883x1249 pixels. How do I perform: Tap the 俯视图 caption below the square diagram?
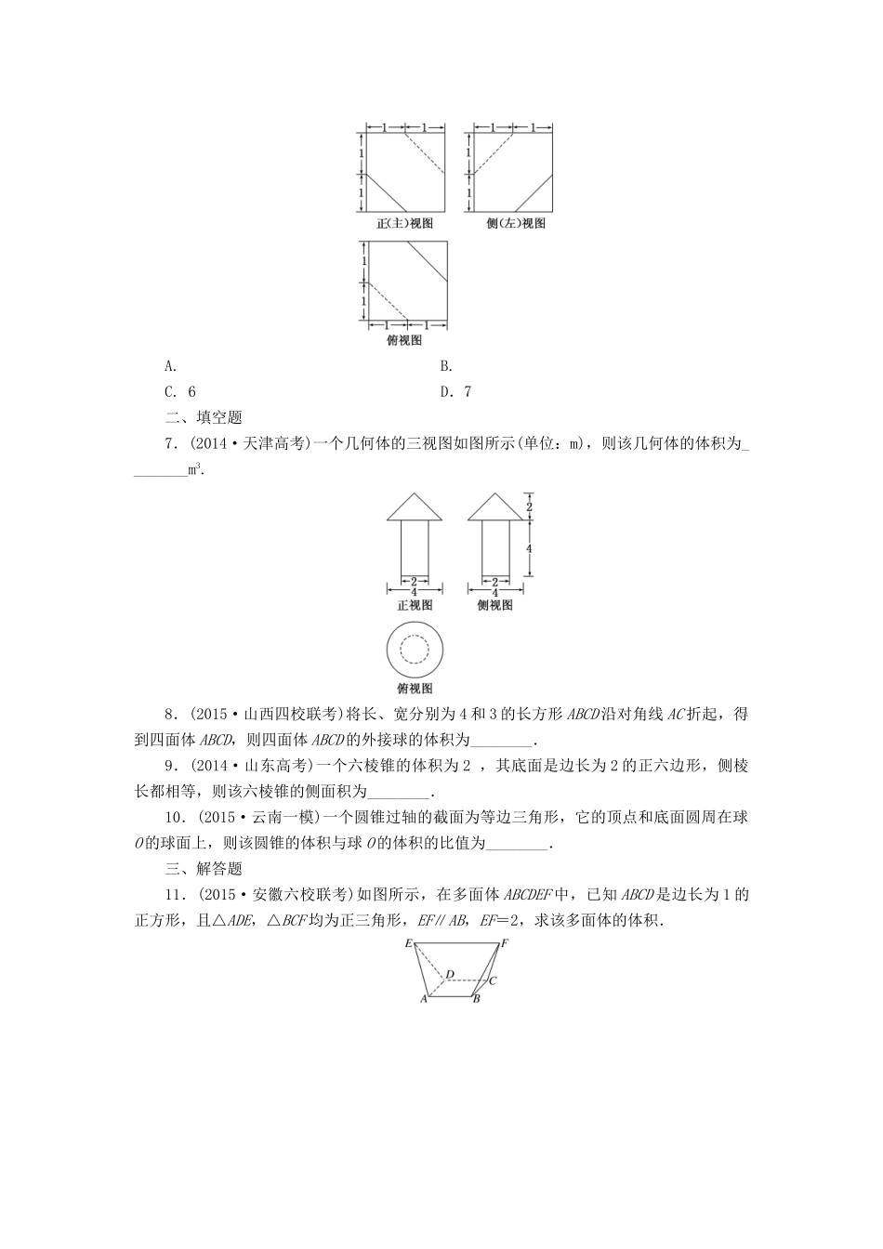404,340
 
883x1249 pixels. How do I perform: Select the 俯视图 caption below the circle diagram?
415,689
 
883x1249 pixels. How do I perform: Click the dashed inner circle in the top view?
415,649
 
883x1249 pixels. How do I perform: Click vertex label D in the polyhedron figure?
450,975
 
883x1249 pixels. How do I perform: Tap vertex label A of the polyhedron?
424,999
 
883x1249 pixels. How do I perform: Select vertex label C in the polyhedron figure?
493,980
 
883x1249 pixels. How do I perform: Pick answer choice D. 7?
455,392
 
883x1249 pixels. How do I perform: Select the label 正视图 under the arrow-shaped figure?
415,605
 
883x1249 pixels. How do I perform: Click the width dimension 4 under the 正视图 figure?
415,592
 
